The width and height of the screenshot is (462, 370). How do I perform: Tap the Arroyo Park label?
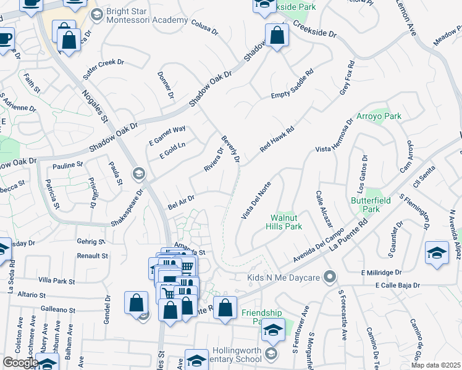click(x=379, y=116)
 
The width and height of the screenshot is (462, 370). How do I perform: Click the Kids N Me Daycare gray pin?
click(x=332, y=276)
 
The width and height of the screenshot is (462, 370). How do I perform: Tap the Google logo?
click(x=20, y=363)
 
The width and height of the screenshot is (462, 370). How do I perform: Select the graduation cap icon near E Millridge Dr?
click(x=437, y=253)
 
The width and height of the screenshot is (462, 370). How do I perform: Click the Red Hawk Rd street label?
click(x=276, y=140)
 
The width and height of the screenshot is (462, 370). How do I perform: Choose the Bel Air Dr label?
click(x=182, y=201)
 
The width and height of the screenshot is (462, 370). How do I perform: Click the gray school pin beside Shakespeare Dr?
click(x=138, y=174)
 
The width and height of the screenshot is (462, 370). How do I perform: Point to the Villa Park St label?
click(x=56, y=281)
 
